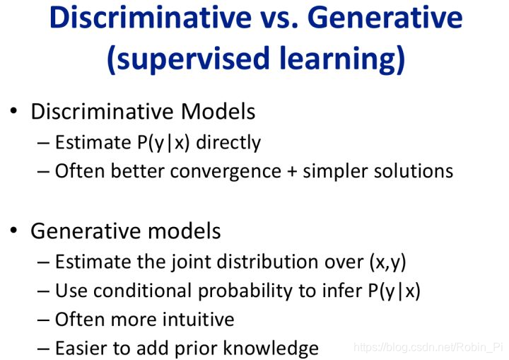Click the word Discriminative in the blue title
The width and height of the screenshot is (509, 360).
pos(151,17)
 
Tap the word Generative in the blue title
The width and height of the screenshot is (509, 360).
pos(385,17)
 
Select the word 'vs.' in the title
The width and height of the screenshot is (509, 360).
pos(279,20)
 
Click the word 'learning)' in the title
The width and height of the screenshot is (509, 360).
pos(342,59)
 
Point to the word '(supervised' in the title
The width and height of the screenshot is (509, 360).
pos(188,59)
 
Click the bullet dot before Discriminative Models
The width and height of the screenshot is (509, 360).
pos(13,111)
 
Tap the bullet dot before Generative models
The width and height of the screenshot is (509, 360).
pos(13,231)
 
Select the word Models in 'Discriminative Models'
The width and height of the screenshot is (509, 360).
pos(218,112)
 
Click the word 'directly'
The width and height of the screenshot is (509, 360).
pos(228,143)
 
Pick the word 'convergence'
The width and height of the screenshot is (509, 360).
pos(226,172)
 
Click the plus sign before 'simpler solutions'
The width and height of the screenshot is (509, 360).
pos(292,172)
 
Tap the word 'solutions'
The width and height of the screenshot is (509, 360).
pos(414,171)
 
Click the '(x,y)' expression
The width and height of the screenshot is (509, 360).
pos(388,262)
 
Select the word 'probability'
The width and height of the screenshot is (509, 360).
pos(245,291)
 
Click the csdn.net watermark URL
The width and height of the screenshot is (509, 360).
pos(428,347)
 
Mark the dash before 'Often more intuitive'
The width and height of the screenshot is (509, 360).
pos(44,320)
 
